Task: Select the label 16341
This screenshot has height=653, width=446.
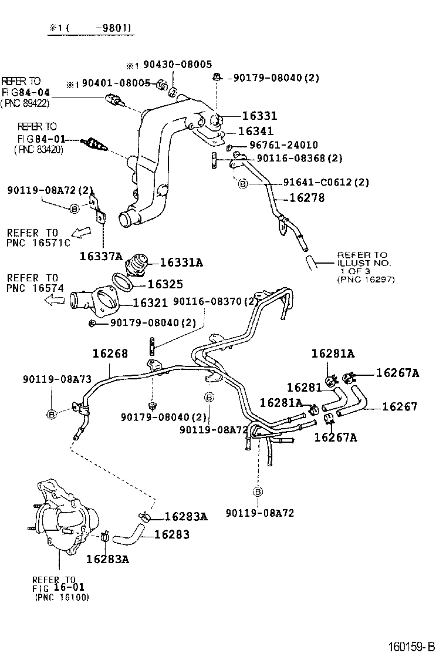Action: pos(257,132)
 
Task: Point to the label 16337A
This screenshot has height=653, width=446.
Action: pos(102,255)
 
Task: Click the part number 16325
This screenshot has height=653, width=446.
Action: pos(165,284)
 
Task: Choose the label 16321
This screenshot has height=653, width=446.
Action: pos(150,303)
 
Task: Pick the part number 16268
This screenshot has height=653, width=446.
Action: pos(110,354)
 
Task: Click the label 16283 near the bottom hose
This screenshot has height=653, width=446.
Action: pos(172,534)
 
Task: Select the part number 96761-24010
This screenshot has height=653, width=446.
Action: pos(283,145)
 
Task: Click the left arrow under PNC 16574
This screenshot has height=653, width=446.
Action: pos(56,301)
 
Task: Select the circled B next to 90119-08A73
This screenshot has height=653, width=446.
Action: pos(52,415)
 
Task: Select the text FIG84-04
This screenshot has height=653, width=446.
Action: pos(26,92)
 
